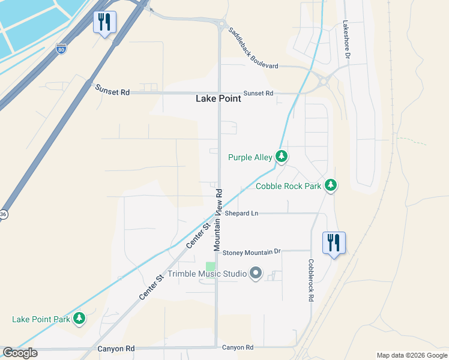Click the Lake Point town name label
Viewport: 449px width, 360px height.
(x=218, y=99)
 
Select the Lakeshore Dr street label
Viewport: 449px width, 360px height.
(x=346, y=40)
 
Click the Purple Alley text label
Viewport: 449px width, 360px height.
(x=250, y=158)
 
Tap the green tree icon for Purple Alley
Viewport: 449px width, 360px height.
(x=282, y=157)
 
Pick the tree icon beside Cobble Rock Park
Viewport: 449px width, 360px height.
(x=330, y=186)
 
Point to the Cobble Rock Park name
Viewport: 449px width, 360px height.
(x=289, y=187)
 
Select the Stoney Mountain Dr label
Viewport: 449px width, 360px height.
(x=252, y=253)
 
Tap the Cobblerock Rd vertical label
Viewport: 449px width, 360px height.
(x=311, y=280)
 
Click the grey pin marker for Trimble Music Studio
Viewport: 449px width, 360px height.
(x=256, y=274)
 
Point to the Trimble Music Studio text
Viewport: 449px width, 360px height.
(x=207, y=274)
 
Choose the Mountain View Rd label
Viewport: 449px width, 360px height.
(x=218, y=220)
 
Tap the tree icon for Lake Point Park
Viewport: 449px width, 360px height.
(x=79, y=319)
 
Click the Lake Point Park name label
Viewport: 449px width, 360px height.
(x=41, y=319)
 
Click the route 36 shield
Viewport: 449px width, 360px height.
(x=3, y=214)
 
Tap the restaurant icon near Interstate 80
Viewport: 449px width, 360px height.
(x=104, y=23)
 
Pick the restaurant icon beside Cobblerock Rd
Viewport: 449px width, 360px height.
(x=334, y=243)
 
